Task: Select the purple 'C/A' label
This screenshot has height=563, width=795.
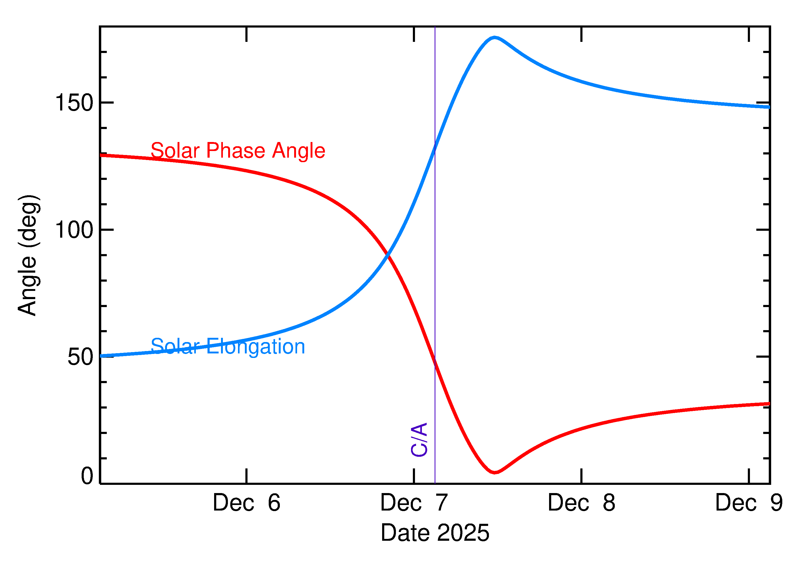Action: click(x=419, y=439)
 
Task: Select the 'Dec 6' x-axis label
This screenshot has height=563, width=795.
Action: click(x=246, y=503)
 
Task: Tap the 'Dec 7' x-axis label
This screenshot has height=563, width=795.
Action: click(x=414, y=503)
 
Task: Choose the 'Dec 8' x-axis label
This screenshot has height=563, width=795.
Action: click(x=581, y=503)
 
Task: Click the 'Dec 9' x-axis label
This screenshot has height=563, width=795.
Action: click(x=749, y=503)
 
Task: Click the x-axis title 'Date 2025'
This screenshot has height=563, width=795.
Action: click(x=435, y=533)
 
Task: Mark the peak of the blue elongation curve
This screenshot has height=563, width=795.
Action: click(x=494, y=37)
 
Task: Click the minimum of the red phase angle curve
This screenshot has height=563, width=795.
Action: click(x=495, y=472)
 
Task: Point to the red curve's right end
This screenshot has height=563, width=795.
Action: click(x=769, y=404)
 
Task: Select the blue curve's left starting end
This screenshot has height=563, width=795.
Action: click(x=101, y=356)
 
